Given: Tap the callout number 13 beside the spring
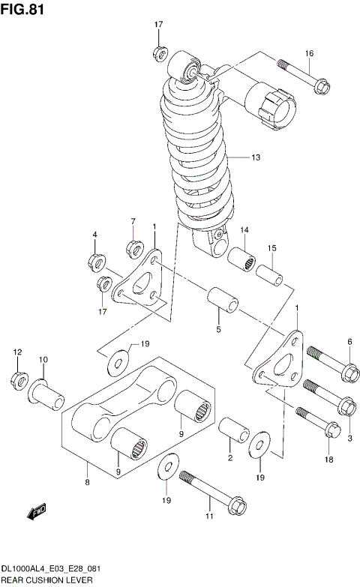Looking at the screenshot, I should click(256, 157).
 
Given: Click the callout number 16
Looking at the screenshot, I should click(308, 53).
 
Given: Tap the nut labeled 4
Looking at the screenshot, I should click(96, 262).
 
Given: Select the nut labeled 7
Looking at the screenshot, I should click(133, 247).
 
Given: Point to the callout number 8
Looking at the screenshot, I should click(88, 482).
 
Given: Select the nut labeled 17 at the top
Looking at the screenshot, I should click(159, 52).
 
